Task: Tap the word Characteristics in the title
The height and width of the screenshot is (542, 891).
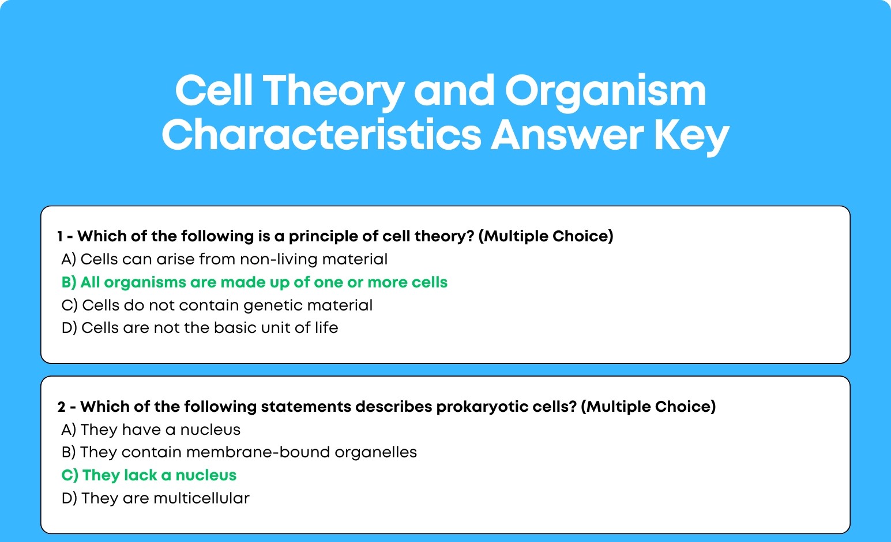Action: pos(321,135)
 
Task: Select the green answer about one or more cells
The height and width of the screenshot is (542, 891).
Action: pos(254,282)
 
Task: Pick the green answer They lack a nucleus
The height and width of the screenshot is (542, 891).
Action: pos(149,475)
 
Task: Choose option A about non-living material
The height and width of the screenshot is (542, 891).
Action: pos(224,259)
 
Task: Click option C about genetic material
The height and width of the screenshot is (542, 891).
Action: pos(217,305)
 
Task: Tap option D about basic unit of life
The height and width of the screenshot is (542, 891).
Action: pos(200,328)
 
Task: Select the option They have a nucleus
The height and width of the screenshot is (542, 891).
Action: pos(151,430)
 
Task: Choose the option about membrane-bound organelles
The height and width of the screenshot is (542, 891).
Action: pos(239,452)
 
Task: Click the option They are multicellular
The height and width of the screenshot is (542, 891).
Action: pos(156,498)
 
